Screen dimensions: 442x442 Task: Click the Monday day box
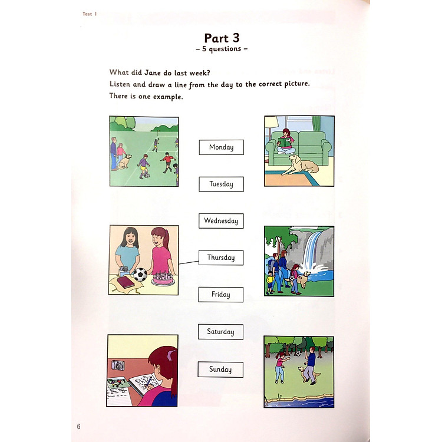[x=221, y=147]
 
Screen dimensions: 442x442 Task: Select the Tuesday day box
[x=221, y=184]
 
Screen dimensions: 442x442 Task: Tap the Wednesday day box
[x=221, y=221]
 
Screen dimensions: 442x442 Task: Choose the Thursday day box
[x=221, y=258]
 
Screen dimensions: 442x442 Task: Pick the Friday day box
[x=221, y=295]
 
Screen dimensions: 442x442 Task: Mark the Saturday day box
[x=220, y=332]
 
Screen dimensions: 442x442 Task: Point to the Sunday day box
[x=220, y=370]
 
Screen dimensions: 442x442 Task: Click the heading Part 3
[x=222, y=38]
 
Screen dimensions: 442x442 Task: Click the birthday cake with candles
[x=163, y=278]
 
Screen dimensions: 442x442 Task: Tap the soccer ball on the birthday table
[x=140, y=274]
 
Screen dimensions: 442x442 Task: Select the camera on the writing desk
[x=118, y=365]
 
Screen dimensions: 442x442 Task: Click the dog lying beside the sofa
[x=300, y=166]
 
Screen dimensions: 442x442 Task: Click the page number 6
[x=78, y=426]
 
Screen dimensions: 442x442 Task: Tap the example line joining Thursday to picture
[x=189, y=263]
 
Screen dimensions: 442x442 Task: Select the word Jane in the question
[x=153, y=72]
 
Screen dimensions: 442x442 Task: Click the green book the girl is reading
[x=286, y=142]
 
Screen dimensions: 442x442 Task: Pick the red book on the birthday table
[x=126, y=282]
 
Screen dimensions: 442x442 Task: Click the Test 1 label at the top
[x=90, y=14]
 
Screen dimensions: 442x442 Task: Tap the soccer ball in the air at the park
[x=298, y=353]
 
